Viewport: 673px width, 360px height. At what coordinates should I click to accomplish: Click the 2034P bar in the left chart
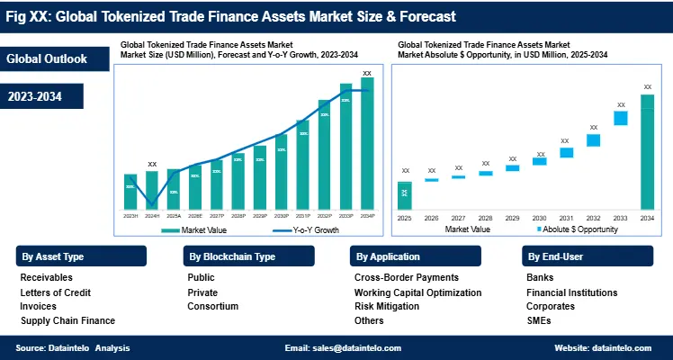tap(367, 144)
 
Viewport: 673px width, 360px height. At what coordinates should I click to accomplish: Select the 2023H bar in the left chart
tap(130, 192)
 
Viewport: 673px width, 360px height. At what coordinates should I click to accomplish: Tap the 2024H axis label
tap(152, 216)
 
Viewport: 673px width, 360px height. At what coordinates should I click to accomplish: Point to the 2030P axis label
tap(282, 216)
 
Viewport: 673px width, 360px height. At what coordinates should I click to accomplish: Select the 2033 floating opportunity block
tap(620, 118)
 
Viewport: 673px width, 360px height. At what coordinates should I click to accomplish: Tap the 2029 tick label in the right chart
tap(512, 218)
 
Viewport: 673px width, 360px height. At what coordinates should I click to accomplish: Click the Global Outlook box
tap(47, 59)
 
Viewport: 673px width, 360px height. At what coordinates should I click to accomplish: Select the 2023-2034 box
tap(42, 95)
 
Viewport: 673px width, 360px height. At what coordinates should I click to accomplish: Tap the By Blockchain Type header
tap(232, 256)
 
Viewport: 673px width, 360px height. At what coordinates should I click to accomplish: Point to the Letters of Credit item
tap(56, 292)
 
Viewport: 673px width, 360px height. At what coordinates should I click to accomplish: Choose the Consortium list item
tap(213, 306)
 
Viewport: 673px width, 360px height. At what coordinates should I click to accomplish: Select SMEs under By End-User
tap(538, 320)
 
